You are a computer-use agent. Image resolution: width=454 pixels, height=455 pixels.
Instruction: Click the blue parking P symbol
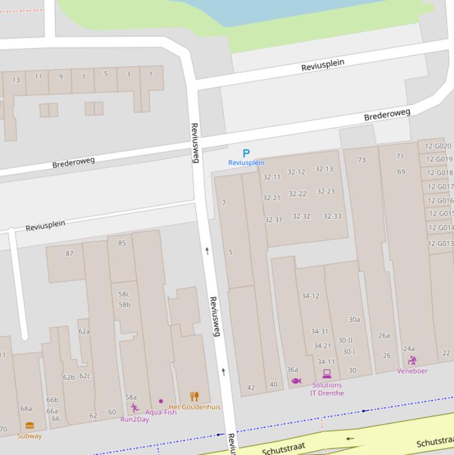point(246,154)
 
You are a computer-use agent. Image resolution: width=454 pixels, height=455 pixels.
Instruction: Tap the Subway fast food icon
point(30,425)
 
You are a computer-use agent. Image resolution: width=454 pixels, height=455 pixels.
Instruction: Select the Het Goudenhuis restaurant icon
point(194,396)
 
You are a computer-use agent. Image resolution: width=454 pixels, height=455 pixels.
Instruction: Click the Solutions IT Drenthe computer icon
point(326,374)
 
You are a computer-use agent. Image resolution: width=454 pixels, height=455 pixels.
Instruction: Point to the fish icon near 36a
point(296,381)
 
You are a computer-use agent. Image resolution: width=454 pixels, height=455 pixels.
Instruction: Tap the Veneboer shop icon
point(412,360)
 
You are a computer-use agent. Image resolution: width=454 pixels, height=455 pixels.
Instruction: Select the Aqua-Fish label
point(161,412)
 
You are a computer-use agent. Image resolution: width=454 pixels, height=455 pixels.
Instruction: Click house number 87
point(70,253)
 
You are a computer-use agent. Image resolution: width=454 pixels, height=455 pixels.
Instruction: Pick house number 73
point(361,160)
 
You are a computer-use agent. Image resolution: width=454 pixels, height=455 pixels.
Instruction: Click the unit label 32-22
point(298,194)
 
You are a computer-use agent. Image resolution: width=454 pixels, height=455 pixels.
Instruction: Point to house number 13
point(16,80)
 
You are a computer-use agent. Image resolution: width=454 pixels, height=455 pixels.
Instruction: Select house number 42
point(251,388)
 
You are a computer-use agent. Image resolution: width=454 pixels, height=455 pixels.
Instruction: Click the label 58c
point(124,294)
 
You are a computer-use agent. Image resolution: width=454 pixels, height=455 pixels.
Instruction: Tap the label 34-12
point(310,296)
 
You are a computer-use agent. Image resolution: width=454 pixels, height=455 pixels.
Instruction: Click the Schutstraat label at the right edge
point(435,443)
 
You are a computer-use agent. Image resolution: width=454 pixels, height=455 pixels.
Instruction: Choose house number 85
point(122,243)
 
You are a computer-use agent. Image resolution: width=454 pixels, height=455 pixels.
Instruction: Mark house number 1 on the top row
point(151,74)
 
